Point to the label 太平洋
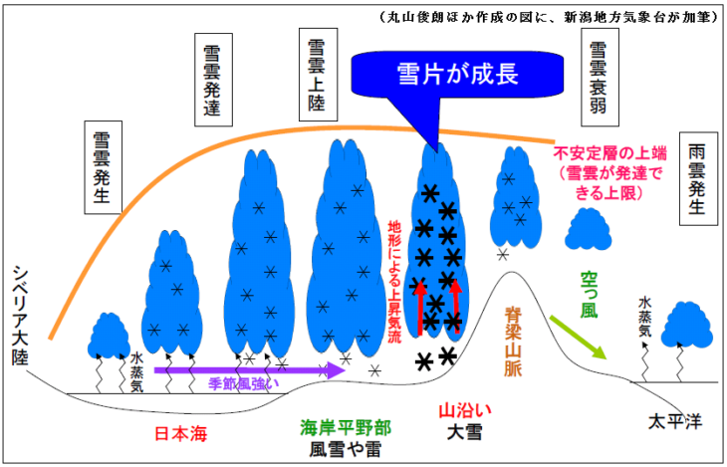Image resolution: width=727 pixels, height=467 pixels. [674, 419]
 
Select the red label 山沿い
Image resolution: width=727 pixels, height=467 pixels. [462, 410]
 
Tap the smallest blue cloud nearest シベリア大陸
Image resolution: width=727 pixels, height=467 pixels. [104, 335]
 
